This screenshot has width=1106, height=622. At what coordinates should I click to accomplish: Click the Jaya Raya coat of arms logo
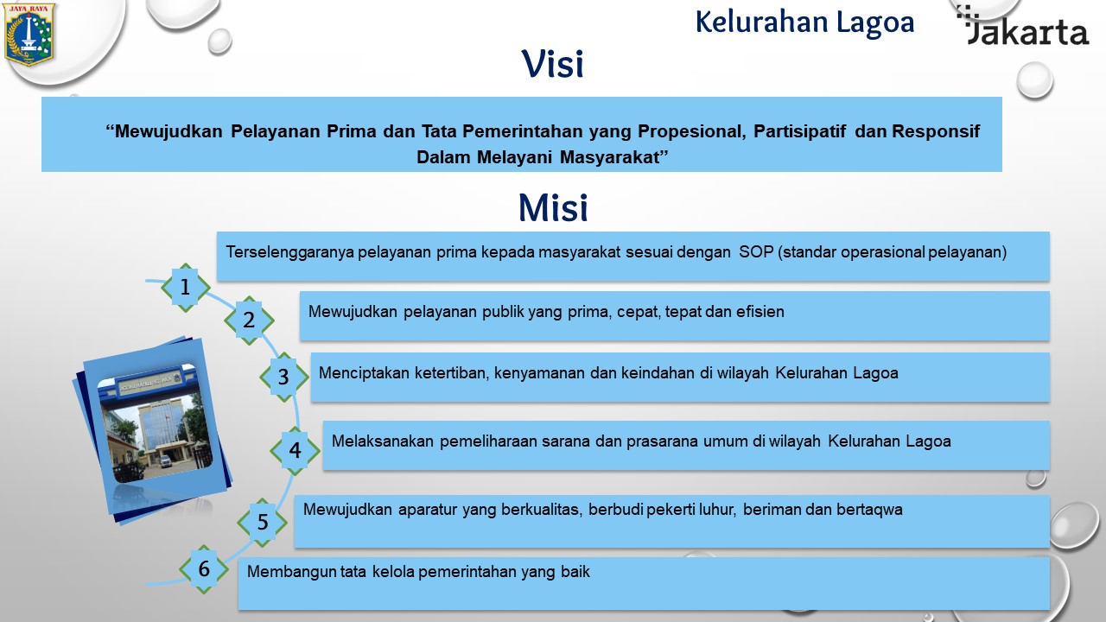point(29,35)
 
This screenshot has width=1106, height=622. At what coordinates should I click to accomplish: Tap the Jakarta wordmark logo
point(1022,26)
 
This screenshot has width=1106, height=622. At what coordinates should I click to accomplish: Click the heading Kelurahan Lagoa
point(804,22)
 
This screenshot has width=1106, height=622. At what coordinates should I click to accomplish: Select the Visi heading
point(552,64)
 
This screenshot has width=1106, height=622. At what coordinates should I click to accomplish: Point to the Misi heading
point(553,208)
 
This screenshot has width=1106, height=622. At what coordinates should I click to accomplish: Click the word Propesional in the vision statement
point(692,132)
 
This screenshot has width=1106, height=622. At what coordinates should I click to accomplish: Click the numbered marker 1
point(185,288)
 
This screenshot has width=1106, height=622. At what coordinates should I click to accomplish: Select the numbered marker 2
point(249,321)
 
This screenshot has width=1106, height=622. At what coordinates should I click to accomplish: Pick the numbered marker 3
point(283,377)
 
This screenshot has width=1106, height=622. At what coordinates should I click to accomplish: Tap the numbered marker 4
point(295,450)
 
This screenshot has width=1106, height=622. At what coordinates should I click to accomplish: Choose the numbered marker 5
point(262,523)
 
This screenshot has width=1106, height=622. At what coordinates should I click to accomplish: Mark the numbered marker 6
point(204,569)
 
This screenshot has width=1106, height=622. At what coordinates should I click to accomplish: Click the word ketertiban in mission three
point(452,373)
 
